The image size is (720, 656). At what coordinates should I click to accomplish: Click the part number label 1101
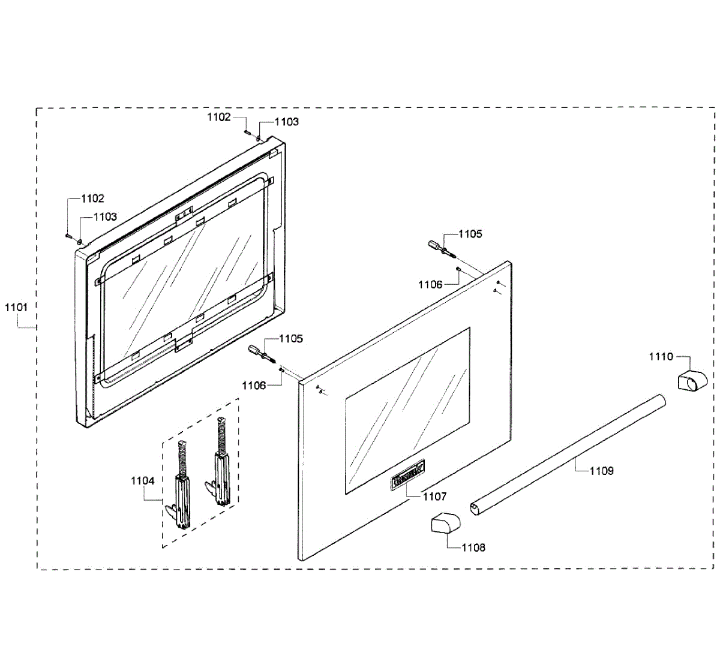point(16,307)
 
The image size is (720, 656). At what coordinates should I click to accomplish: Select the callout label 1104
point(143,481)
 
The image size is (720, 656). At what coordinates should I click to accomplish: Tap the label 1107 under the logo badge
point(435,496)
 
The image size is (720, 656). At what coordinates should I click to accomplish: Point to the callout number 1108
point(473,547)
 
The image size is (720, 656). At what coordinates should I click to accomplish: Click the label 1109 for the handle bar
point(601,471)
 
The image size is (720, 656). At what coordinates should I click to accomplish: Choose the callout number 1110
point(661,357)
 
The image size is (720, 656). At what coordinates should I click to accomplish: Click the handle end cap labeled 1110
point(691,381)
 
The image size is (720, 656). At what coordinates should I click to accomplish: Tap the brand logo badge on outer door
point(408,473)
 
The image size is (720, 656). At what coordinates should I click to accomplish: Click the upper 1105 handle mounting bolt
point(437,247)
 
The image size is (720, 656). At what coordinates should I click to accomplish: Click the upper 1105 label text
point(470,234)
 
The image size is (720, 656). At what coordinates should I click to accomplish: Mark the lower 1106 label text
point(254,386)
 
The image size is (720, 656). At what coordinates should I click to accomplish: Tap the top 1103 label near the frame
point(287,122)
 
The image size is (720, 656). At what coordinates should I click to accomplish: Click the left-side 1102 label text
point(92,198)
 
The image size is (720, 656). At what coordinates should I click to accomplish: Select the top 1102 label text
point(219,117)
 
